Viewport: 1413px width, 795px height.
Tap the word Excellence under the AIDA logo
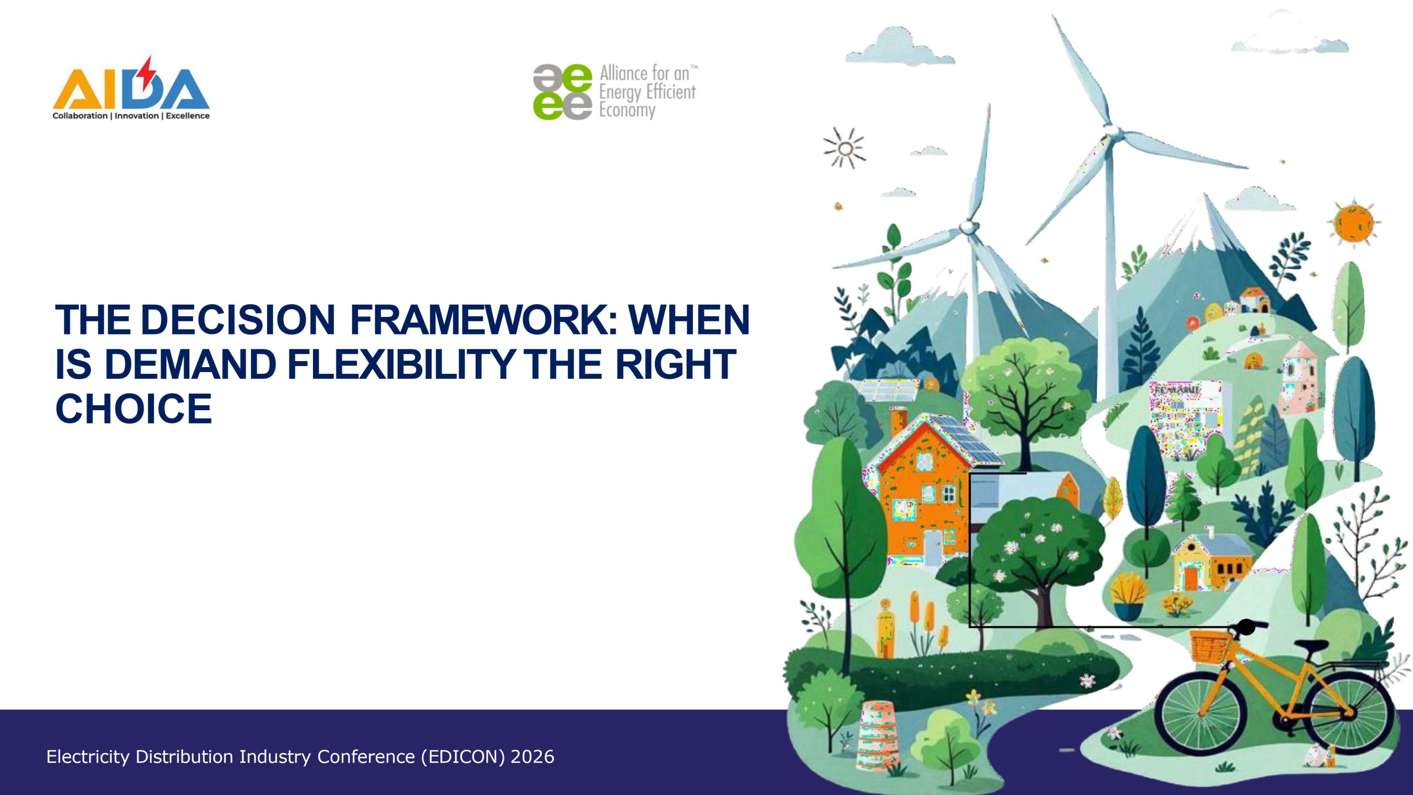[188, 116]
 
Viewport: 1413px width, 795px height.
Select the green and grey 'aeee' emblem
[562, 92]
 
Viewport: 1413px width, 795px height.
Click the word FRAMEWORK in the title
[484, 320]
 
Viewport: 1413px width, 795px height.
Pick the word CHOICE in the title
[134, 409]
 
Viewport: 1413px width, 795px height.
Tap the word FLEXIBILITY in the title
[401, 364]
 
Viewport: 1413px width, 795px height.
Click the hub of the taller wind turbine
[1112, 131]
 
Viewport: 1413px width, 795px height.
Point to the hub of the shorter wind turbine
[969, 227]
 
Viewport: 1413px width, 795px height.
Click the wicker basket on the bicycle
[1210, 646]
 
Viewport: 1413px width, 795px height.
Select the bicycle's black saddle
[1311, 645]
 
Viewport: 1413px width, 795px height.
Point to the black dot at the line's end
[1246, 627]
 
